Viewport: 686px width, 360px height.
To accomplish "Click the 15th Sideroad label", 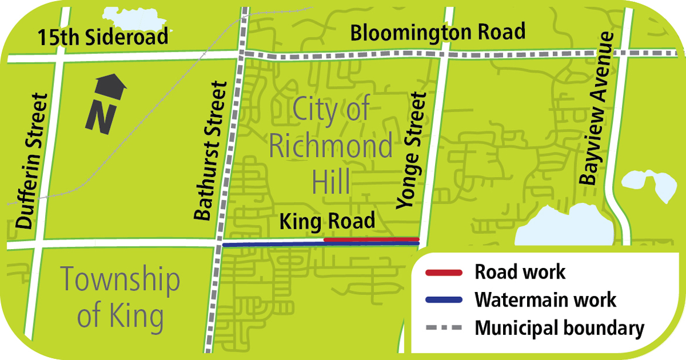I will (103, 38).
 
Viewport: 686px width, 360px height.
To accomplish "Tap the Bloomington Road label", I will (437, 32).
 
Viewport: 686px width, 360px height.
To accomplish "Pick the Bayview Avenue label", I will (596, 108).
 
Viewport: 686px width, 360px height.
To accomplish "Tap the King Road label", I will (327, 222).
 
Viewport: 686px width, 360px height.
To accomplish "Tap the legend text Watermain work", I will (545, 300).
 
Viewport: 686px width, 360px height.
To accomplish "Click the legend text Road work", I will (520, 272).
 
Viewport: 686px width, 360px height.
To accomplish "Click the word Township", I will (120, 280).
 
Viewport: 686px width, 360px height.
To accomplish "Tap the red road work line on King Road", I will (371, 239).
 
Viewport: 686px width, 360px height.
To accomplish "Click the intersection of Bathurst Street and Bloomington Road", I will (242, 54).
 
